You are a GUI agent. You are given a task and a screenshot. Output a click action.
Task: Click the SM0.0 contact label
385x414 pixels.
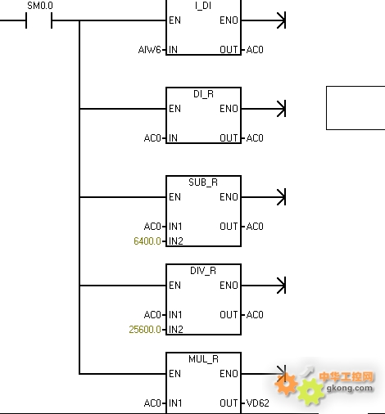(40, 6)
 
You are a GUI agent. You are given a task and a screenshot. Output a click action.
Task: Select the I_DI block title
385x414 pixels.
(203, 6)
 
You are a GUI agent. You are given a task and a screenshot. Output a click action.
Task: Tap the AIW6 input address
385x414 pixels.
(149, 50)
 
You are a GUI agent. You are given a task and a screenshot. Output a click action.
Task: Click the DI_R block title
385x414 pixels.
(203, 94)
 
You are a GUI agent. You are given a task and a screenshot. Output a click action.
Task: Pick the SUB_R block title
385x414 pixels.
(203, 182)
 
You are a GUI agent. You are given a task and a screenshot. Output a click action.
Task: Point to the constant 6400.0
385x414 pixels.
(147, 241)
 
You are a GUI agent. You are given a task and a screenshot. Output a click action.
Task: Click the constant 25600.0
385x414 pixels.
(145, 330)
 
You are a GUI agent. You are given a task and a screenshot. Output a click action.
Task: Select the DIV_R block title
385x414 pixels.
(203, 271)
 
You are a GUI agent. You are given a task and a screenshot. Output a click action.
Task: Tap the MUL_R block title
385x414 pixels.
(203, 359)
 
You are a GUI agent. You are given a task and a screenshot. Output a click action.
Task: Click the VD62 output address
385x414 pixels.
(257, 403)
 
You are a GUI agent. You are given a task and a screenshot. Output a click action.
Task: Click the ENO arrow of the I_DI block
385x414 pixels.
(263, 20)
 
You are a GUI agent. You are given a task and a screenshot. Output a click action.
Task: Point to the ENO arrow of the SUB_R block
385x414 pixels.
(263, 197)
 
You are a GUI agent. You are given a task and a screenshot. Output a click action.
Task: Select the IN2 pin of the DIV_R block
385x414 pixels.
(176, 330)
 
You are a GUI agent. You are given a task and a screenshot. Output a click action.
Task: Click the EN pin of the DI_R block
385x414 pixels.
(174, 109)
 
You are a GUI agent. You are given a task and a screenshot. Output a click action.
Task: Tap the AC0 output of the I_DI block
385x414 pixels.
(255, 50)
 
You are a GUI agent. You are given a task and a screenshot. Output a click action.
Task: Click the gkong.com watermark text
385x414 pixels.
(350, 388)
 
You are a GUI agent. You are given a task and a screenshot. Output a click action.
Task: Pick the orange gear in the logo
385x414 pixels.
(286, 384)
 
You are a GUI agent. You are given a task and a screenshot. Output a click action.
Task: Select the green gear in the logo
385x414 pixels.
(310, 392)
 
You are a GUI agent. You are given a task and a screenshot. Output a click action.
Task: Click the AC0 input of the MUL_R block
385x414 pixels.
(152, 403)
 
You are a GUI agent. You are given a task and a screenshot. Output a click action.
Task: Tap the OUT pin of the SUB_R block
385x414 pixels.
(229, 227)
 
